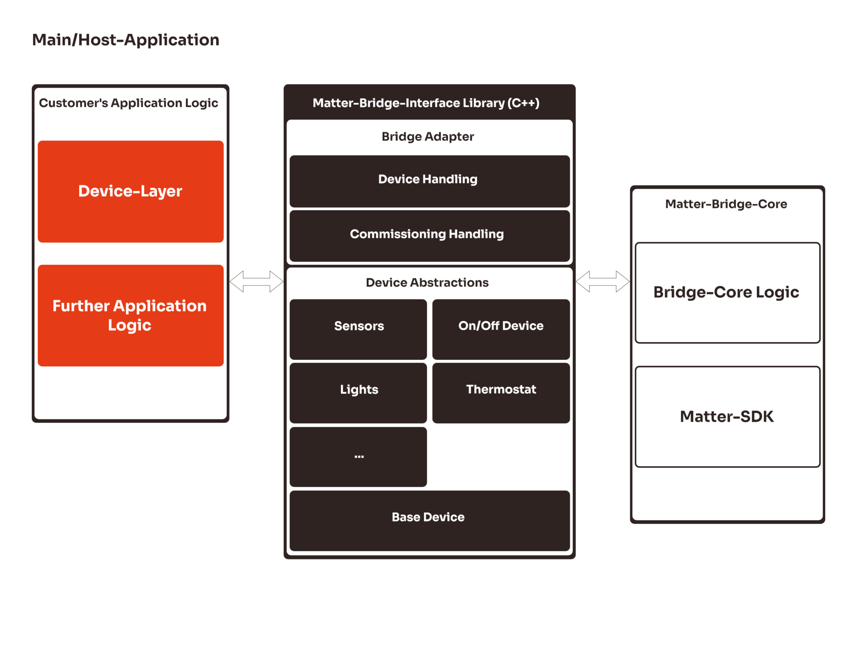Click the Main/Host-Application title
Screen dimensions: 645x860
(x=126, y=40)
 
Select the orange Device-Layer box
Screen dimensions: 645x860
(x=130, y=191)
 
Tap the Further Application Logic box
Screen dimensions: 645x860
(x=130, y=315)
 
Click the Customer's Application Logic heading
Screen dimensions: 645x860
(x=129, y=103)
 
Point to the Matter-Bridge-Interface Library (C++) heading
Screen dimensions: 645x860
(x=426, y=103)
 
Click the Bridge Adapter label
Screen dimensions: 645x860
(x=428, y=137)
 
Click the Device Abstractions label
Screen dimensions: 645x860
(x=427, y=283)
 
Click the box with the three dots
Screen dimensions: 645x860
(x=358, y=457)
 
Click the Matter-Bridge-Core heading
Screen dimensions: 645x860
(x=726, y=204)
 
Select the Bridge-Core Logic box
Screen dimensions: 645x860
(x=727, y=292)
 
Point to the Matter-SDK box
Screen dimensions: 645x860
(x=727, y=416)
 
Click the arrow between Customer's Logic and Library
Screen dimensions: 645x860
(x=256, y=282)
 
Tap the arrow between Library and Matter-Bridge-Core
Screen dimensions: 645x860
(x=602, y=282)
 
